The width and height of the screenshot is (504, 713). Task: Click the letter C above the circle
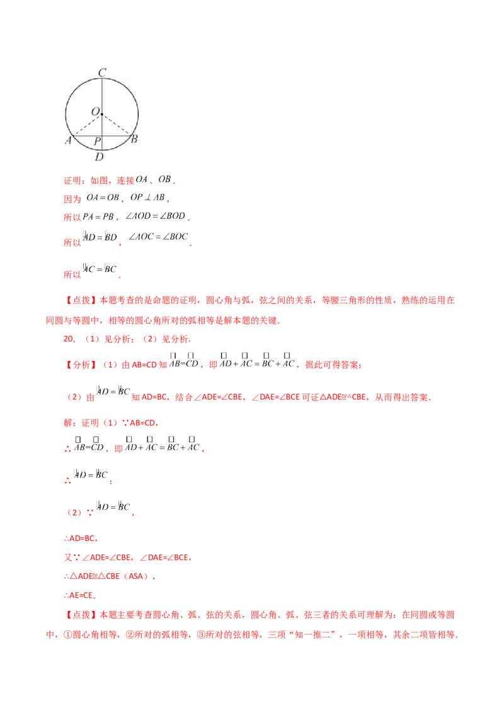tap(101, 72)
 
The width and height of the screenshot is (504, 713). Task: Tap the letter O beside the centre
tap(95, 111)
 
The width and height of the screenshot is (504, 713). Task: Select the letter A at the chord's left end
tap(68, 140)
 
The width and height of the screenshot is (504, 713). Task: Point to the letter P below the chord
tap(96, 141)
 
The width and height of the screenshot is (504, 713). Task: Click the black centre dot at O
tap(101, 114)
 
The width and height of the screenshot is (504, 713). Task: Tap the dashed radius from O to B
tap(116, 124)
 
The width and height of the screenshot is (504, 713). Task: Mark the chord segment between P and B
tap(116, 135)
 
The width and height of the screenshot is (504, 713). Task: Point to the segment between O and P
tap(101, 125)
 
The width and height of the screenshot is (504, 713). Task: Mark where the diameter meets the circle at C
tap(101, 78)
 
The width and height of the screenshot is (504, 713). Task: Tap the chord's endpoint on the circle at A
tap(74, 135)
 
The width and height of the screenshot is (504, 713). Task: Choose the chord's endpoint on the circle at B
tap(130, 135)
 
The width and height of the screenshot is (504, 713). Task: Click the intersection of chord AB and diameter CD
tap(101, 135)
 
